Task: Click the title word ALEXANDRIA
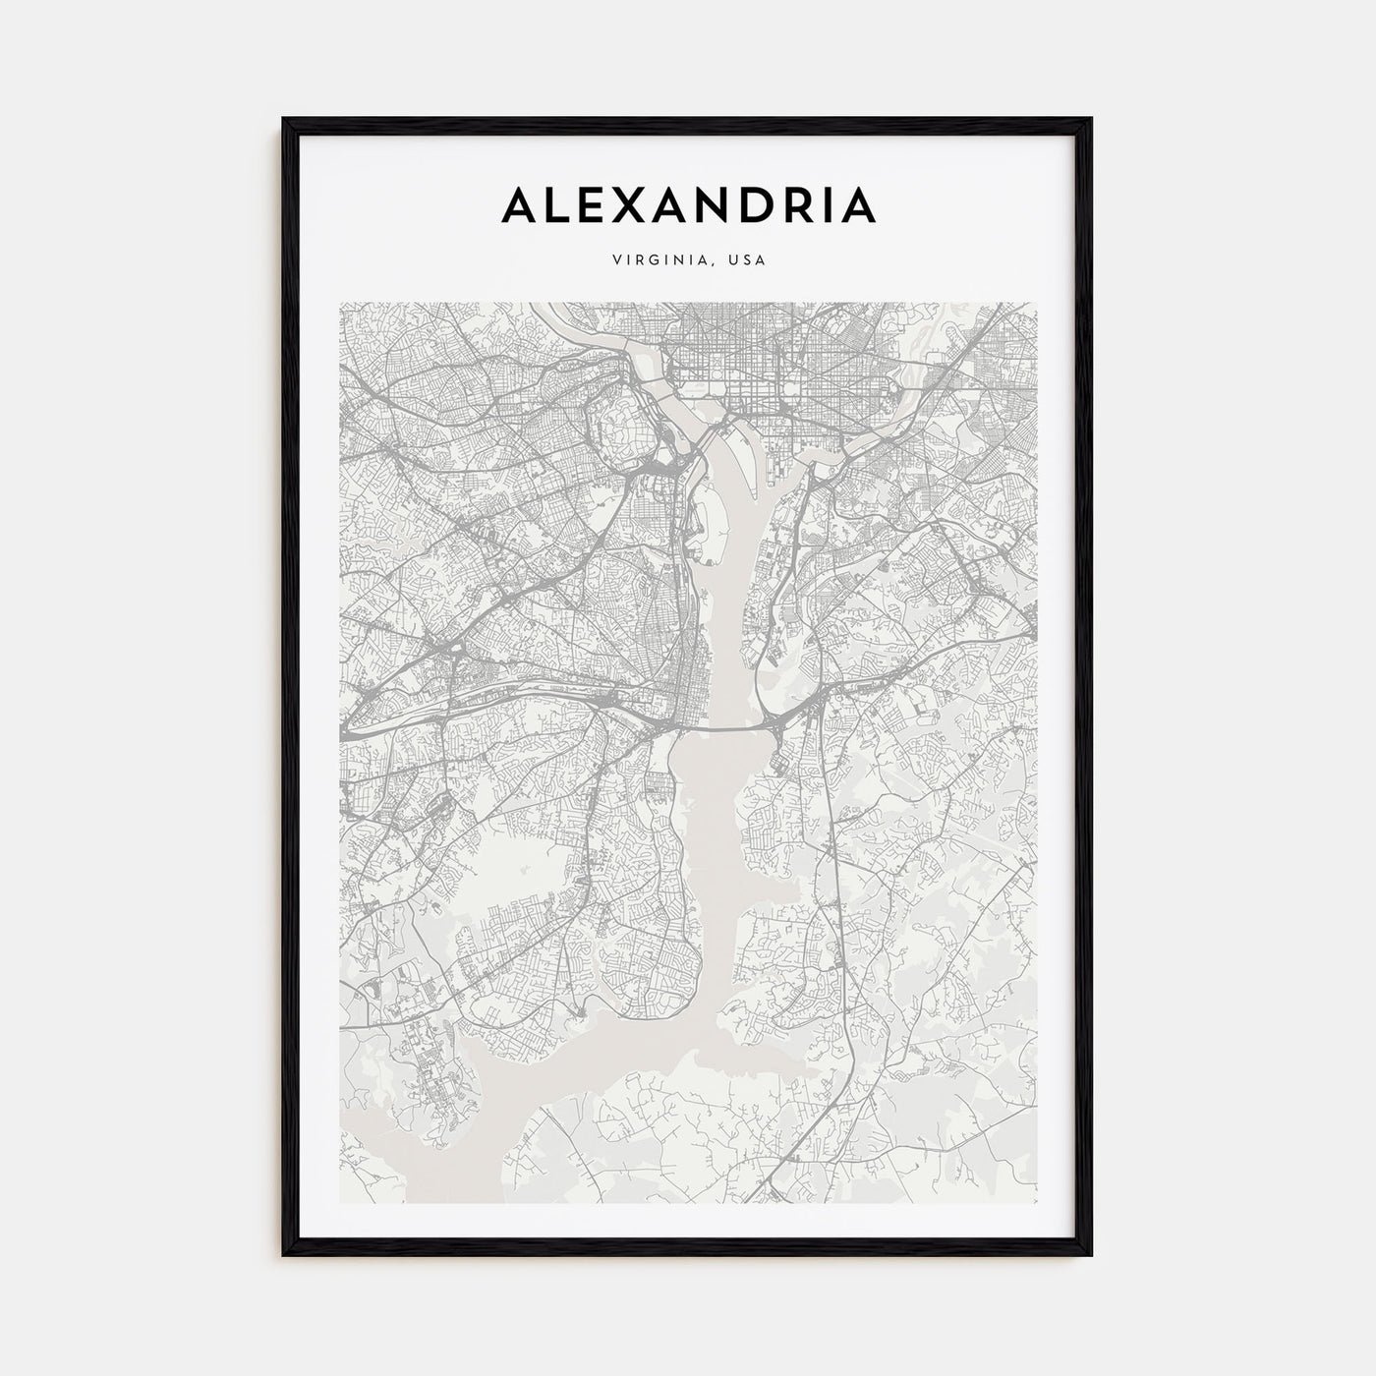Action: click(x=688, y=204)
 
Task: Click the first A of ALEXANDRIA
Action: click(x=522, y=204)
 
